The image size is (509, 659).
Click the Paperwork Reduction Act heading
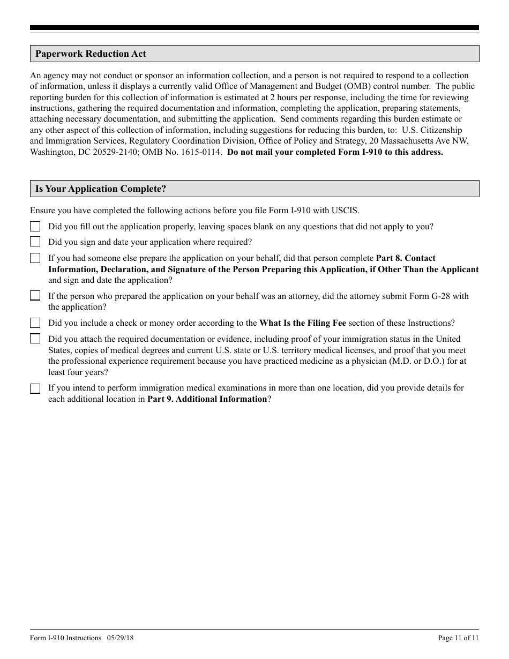click(91, 54)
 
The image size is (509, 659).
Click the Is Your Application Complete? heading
click(101, 189)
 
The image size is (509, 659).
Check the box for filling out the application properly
click(35, 227)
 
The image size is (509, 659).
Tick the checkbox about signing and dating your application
click(35, 242)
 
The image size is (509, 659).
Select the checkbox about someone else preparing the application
click(35, 258)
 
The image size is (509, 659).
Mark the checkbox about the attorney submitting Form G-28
click(35, 296)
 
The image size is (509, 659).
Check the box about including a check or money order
click(35, 323)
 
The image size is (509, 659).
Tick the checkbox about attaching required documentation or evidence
click(35, 339)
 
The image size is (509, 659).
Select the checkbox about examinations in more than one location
click(35, 388)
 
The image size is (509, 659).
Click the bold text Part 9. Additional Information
click(207, 399)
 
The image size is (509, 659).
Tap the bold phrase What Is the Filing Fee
click(303, 323)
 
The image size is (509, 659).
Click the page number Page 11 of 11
click(458, 638)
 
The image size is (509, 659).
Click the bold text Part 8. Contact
click(406, 258)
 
